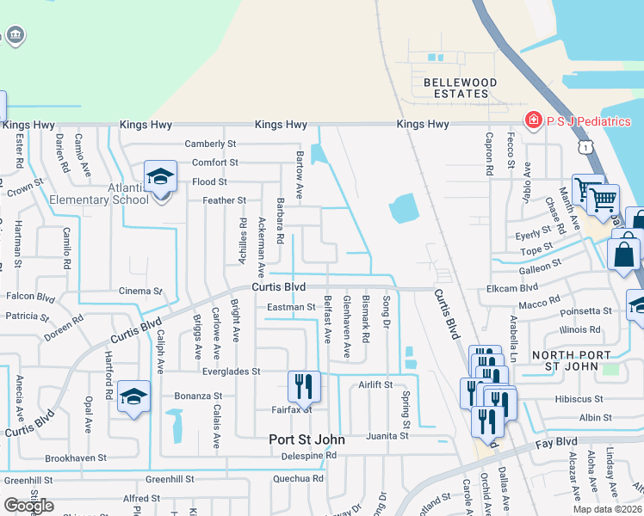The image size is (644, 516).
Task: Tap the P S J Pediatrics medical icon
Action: tap(534, 121)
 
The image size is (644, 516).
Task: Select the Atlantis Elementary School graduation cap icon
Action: tap(160, 177)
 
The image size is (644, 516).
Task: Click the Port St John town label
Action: tap(307, 439)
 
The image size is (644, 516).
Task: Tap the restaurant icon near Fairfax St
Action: tap(304, 387)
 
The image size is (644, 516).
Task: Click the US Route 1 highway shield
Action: tap(586, 148)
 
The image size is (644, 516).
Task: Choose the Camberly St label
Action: tap(210, 144)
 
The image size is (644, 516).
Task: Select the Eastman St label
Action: tap(291, 306)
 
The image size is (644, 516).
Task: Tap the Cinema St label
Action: tap(140, 292)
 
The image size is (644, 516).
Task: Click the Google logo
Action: tap(29, 506)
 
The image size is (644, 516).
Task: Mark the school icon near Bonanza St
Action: tap(133, 396)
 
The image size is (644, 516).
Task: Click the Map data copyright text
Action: tap(607, 509)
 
